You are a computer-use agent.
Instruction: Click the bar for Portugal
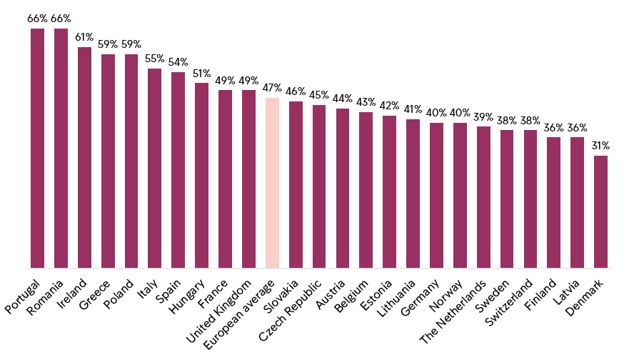click(38, 148)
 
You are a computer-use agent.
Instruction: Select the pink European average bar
click(272, 183)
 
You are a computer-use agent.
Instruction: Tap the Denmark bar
click(601, 211)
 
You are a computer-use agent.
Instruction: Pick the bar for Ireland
click(84, 157)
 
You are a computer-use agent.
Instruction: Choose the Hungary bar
click(202, 175)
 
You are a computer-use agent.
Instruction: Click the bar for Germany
click(437, 196)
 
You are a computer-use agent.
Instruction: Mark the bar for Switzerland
click(530, 199)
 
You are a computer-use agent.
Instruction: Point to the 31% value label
click(601, 146)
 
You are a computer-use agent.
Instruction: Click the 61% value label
click(84, 37)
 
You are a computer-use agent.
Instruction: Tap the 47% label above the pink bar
click(272, 88)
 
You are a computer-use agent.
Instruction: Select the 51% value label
click(202, 73)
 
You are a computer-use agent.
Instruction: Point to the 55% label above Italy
click(154, 59)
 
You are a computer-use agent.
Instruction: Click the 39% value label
click(483, 117)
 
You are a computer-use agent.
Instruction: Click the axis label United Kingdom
click(219, 311)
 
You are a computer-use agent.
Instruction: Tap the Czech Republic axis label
click(291, 311)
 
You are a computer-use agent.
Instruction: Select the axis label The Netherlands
click(453, 312)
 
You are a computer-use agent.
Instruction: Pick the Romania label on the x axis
click(45, 297)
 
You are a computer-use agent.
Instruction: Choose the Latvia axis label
click(566, 291)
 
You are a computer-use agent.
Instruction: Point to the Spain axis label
click(168, 291)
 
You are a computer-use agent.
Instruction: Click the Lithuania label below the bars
click(396, 298)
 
